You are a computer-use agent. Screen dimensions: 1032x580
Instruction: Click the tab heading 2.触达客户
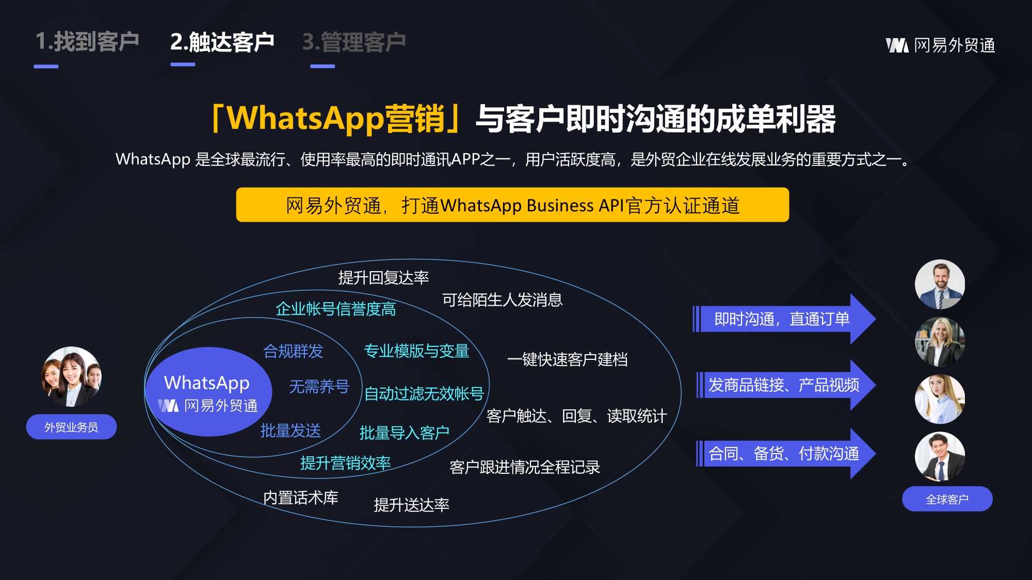pyautogui.click(x=222, y=42)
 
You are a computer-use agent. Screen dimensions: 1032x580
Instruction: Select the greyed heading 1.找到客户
pyautogui.click(x=87, y=41)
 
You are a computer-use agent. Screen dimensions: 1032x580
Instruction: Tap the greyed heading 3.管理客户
pyautogui.click(x=354, y=42)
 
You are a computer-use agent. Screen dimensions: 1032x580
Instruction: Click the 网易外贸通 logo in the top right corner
pyautogui.click(x=940, y=45)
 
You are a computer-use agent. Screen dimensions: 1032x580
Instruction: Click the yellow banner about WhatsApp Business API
pyautogui.click(x=512, y=205)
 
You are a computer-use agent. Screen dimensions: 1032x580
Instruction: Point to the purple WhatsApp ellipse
pyautogui.click(x=208, y=392)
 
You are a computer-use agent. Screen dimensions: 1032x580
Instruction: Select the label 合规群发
pyautogui.click(x=293, y=351)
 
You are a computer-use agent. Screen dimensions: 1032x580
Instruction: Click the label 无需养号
pyautogui.click(x=319, y=386)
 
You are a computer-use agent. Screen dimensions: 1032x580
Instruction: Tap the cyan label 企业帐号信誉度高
pyautogui.click(x=336, y=309)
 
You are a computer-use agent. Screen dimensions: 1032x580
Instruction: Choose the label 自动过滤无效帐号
pyautogui.click(x=424, y=393)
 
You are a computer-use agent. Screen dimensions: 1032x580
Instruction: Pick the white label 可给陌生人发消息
pyautogui.click(x=502, y=300)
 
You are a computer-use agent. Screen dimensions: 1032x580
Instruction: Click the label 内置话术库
pyautogui.click(x=301, y=498)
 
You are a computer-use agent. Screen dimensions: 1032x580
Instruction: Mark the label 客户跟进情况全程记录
pyautogui.click(x=525, y=467)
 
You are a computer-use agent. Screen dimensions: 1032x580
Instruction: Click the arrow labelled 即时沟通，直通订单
pyautogui.click(x=784, y=319)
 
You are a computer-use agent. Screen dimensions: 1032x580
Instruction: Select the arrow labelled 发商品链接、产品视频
pyautogui.click(x=786, y=385)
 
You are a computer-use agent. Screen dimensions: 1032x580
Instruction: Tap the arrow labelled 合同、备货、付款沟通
pyautogui.click(x=786, y=454)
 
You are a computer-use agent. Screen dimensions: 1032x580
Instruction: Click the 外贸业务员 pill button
pyautogui.click(x=71, y=427)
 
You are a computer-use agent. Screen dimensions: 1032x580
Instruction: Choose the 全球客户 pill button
pyautogui.click(x=947, y=499)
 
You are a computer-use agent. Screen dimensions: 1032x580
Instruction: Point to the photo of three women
pyautogui.click(x=71, y=376)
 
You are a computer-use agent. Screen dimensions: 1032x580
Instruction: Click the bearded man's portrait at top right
pyautogui.click(x=940, y=284)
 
